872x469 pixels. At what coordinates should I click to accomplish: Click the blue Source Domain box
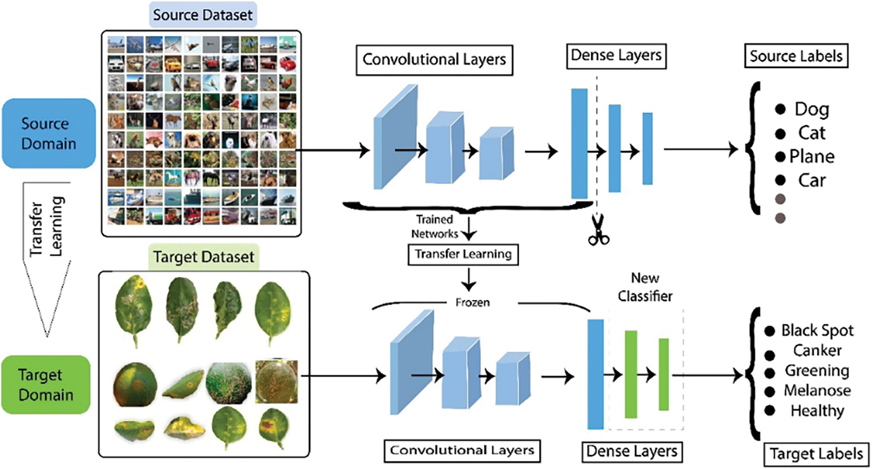[x=49, y=134]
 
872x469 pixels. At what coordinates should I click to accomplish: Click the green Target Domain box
[x=46, y=385]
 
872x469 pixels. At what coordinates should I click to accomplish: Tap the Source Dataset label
[x=203, y=15]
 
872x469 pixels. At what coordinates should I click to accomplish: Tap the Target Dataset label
[x=203, y=257]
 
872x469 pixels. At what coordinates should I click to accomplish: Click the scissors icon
[x=598, y=230]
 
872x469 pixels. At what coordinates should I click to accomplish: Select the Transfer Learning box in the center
[x=463, y=254]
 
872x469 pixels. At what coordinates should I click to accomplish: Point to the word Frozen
[x=473, y=302]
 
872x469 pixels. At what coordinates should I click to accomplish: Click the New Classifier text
[x=645, y=287]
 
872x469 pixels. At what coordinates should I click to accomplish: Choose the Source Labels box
[x=796, y=56]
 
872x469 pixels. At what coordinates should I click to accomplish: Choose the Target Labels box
[x=816, y=454]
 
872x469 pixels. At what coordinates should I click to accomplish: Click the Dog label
[x=812, y=109]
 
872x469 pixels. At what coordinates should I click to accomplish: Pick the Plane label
[x=812, y=156]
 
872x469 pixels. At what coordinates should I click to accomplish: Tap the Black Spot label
[x=817, y=331]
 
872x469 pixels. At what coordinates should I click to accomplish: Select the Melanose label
[x=817, y=391]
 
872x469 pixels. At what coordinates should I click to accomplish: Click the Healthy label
[x=817, y=411]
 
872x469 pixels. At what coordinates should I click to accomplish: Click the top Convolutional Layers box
[x=434, y=60]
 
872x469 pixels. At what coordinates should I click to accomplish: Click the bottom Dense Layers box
[x=632, y=451]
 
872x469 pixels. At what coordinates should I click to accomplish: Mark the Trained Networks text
[x=434, y=226]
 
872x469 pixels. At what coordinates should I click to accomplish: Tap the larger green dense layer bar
[x=631, y=374]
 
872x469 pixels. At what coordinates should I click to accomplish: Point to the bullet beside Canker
[x=770, y=355]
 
